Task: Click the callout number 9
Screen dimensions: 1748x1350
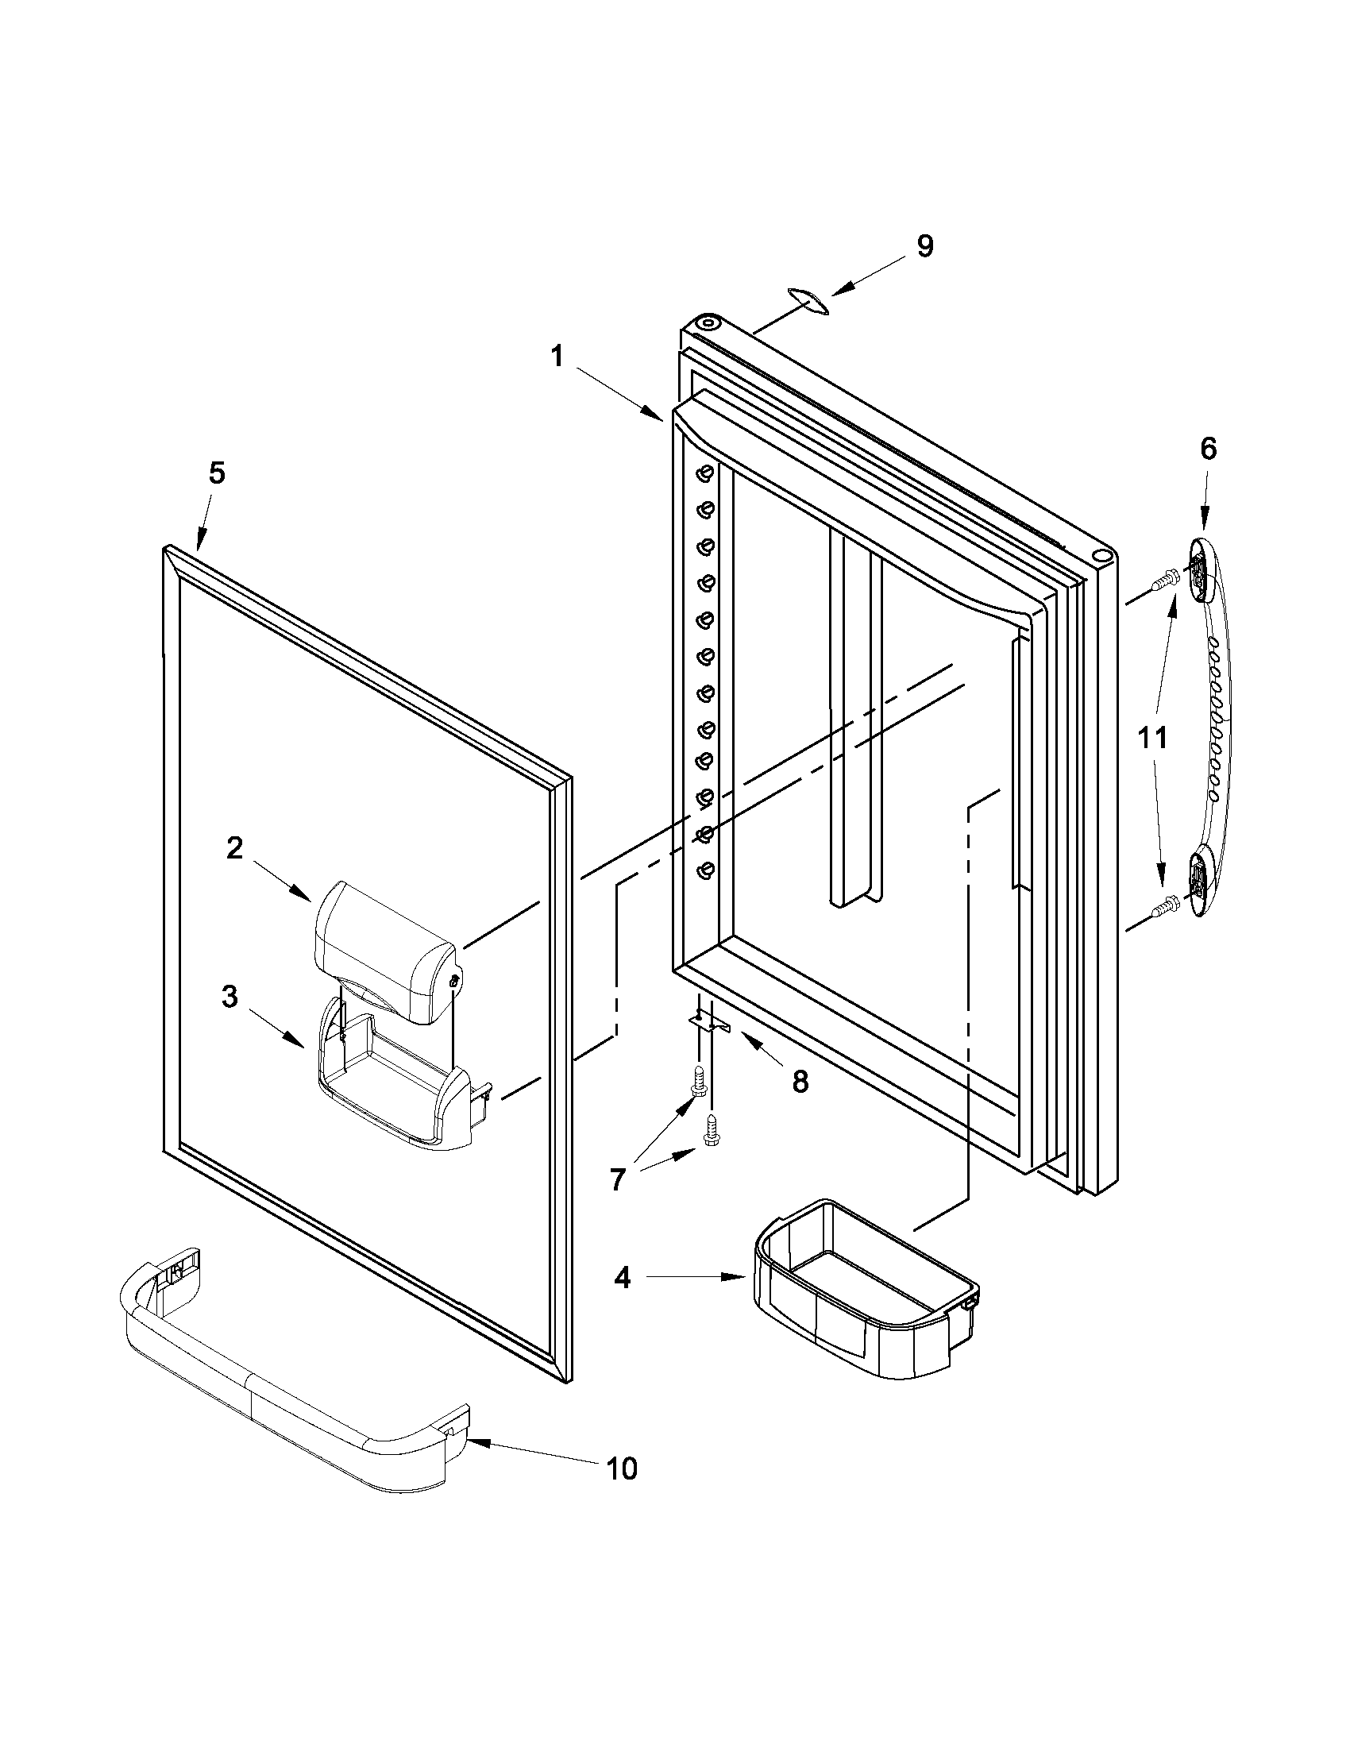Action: coord(924,245)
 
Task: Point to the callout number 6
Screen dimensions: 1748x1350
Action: coord(1208,449)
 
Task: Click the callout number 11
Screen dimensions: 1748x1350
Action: coord(1153,737)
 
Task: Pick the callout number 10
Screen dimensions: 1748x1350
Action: coord(622,1468)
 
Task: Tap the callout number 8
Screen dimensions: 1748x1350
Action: coord(800,1082)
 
